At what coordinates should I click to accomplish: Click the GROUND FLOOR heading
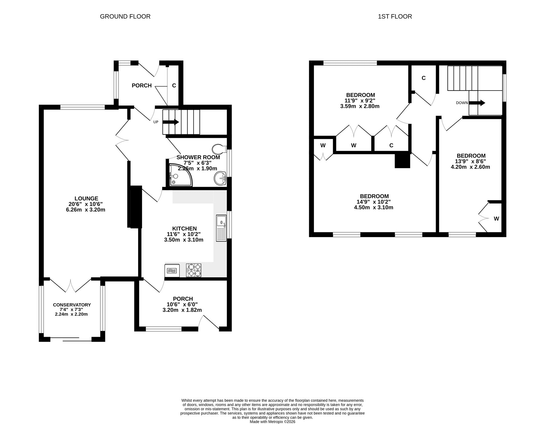125,16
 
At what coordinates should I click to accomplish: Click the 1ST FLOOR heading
395,16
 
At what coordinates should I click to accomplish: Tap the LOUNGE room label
86,199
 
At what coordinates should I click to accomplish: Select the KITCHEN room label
184,229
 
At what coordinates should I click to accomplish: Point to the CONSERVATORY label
72,305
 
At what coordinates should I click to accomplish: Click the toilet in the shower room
220,149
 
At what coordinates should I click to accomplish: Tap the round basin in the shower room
220,178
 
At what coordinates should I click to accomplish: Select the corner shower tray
180,175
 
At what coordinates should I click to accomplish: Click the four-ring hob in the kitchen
193,270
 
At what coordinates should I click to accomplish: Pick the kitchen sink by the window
221,228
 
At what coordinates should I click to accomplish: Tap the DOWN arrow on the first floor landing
477,103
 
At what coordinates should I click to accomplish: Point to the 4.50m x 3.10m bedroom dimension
373,207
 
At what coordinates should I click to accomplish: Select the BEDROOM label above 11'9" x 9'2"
361,95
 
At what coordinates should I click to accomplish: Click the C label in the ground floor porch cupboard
174,86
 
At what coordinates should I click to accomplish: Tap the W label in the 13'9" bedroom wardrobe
497,219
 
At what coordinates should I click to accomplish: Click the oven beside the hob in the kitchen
172,270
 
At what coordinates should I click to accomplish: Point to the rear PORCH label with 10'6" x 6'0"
183,299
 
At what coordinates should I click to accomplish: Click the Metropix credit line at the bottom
272,422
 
